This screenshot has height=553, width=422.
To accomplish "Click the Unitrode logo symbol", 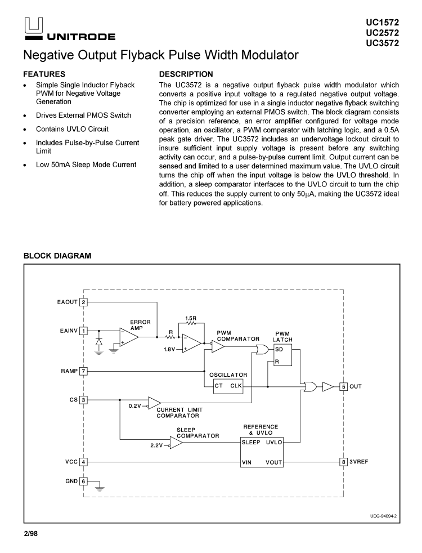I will point(33,26).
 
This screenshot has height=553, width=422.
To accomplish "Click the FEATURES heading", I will point(44,74).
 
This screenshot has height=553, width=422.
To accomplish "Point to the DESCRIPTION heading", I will point(186,74).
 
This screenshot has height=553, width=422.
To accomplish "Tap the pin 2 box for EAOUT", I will point(84,302).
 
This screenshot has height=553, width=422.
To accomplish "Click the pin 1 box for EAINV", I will point(84,331).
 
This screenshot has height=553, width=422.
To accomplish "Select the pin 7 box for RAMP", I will point(84,371).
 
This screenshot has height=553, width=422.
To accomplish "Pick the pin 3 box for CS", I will point(84,400).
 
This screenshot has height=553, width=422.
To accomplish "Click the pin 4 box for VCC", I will point(84,462).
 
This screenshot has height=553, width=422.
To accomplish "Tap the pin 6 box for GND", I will point(84,481).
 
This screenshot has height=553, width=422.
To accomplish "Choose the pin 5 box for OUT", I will point(344,386).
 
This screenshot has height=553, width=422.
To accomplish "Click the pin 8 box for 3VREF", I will point(344,462).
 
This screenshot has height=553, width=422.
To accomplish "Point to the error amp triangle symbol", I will point(128,337).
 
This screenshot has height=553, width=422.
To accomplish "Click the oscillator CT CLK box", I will point(228,386).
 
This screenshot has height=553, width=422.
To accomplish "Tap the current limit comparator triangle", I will point(154,403).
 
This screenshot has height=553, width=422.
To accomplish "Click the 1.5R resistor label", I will point(191,318).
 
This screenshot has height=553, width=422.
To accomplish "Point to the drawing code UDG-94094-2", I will point(383,515).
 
